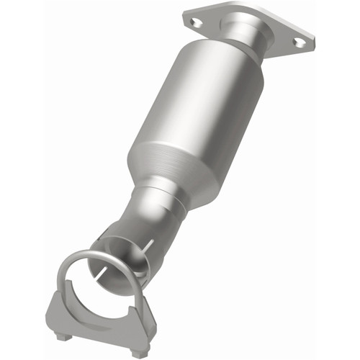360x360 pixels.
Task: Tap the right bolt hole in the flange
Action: point(298,42)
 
